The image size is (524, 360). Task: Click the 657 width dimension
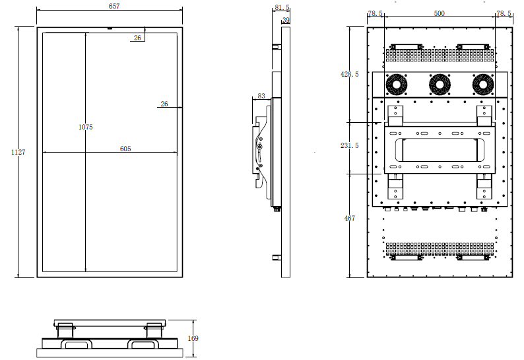[114, 6]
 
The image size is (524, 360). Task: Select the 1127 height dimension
[18, 152]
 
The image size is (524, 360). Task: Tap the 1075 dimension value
[86, 127]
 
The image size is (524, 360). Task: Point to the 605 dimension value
[125, 149]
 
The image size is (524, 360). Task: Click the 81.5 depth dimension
[282, 7]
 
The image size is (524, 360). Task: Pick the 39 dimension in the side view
[286, 20]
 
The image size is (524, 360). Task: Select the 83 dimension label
[261, 96]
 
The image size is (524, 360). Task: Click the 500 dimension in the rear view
[439, 13]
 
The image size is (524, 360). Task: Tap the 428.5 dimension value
[350, 74]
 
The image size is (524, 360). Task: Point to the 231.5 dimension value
[350, 145]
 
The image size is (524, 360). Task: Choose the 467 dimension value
[350, 218]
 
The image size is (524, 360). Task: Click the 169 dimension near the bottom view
[193, 338]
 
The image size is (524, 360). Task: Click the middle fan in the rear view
[440, 85]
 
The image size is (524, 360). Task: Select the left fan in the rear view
[397, 85]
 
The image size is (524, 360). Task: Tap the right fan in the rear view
[483, 85]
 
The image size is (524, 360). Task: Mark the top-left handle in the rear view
[406, 46]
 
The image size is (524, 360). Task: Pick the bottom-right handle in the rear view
[473, 257]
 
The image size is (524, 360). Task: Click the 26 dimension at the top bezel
[137, 38]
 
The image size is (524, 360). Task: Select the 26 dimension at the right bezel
[164, 104]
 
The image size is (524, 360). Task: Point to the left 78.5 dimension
[376, 13]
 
